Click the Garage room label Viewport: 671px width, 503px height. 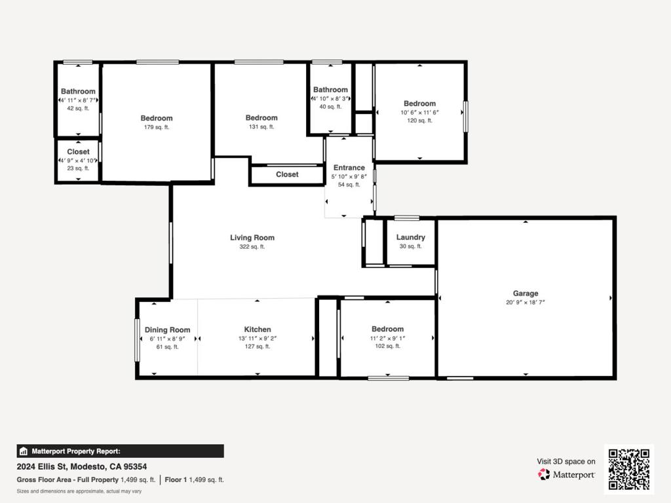tap(526, 293)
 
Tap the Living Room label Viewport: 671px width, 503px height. tap(252, 238)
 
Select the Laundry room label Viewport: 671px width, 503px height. tap(410, 237)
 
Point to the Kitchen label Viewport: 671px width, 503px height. tap(257, 329)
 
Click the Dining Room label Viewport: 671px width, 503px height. tap(167, 330)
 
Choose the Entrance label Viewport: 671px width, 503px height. tap(349, 168)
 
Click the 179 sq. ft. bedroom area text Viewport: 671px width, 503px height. tap(157, 127)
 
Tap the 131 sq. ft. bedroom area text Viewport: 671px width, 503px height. tap(261, 126)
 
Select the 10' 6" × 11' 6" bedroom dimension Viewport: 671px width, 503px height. tap(420, 113)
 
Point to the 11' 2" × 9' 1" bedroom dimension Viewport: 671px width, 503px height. tap(388, 338)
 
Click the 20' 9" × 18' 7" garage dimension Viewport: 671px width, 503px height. tap(526, 303)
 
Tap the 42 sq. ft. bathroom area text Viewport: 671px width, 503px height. tap(78, 108)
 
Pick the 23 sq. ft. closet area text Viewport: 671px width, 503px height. tap(78, 168)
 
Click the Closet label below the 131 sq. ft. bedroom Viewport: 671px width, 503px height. tap(287, 174)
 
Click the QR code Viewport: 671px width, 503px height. tap(629, 469)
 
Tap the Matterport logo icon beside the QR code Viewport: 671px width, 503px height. tap(544, 474)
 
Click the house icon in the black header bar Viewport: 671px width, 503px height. tap(24, 451)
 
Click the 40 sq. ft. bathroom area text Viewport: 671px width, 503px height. tap(330, 107)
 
